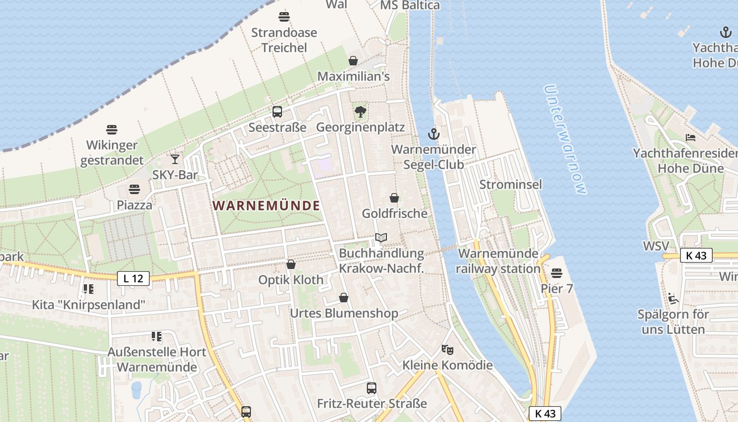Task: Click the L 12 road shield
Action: [133, 279]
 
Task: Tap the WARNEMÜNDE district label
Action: [267, 206]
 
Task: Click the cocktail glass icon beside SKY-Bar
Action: [175, 159]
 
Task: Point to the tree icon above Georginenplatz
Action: [361, 111]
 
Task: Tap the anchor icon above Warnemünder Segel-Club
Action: [433, 134]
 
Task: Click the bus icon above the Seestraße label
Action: [277, 111]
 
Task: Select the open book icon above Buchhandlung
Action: [381, 238]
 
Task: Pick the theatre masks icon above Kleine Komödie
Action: [448, 349]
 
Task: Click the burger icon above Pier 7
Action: [557, 273]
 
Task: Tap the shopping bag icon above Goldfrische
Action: [394, 198]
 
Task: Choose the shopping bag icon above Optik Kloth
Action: [291, 264]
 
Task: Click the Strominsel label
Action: [510, 185]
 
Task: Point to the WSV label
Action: [656, 246]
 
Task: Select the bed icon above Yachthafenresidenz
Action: [691, 138]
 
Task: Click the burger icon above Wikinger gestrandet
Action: [112, 129]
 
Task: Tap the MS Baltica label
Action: [410, 5]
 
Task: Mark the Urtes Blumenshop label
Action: [344, 313]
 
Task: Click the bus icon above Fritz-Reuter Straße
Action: [372, 388]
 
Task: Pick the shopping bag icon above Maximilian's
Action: [353, 61]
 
